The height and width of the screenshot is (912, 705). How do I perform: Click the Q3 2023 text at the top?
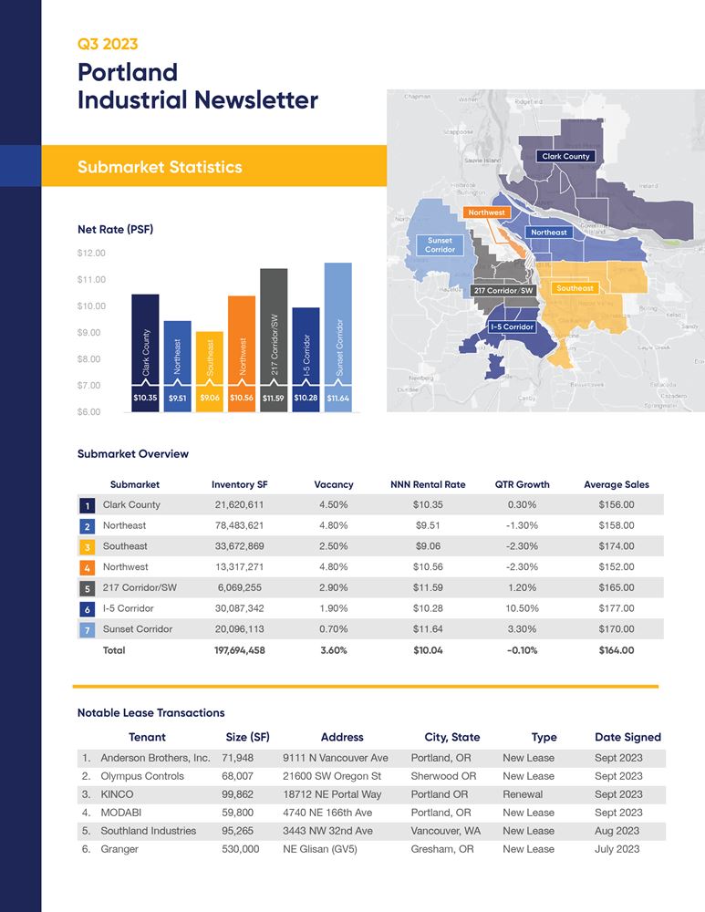click(108, 44)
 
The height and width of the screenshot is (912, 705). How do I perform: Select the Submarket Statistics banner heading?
click(160, 167)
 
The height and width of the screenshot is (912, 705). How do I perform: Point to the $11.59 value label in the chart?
click(274, 399)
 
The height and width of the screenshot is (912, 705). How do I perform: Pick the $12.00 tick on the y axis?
click(92, 253)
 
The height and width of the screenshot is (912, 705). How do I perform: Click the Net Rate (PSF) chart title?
click(115, 230)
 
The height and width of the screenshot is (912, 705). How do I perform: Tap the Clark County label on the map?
click(565, 156)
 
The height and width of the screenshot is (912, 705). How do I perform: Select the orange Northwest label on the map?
click(486, 212)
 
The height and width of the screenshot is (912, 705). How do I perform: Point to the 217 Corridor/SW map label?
click(503, 290)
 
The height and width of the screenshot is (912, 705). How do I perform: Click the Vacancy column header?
click(333, 484)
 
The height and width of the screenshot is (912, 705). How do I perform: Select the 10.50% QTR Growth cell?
click(522, 608)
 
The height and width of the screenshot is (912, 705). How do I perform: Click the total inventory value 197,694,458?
click(238, 650)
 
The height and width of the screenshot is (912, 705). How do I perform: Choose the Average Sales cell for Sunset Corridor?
click(616, 629)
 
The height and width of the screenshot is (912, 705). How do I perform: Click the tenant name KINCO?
click(117, 794)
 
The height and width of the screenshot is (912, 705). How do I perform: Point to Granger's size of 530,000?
click(240, 849)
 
